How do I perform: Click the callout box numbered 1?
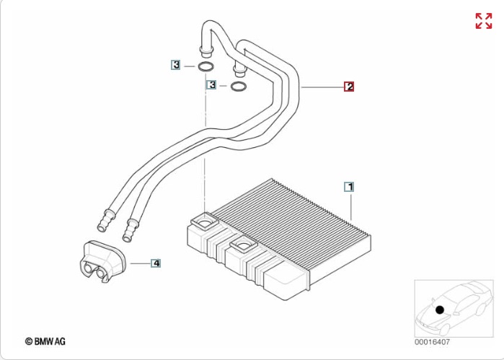click(349, 186)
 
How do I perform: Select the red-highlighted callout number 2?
click(349, 87)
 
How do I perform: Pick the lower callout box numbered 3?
click(212, 85)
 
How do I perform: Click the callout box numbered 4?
click(156, 263)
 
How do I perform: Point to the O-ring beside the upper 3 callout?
click(205, 68)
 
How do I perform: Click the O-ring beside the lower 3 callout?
click(237, 88)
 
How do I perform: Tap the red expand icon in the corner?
click(483, 21)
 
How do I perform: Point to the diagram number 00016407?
click(433, 341)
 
